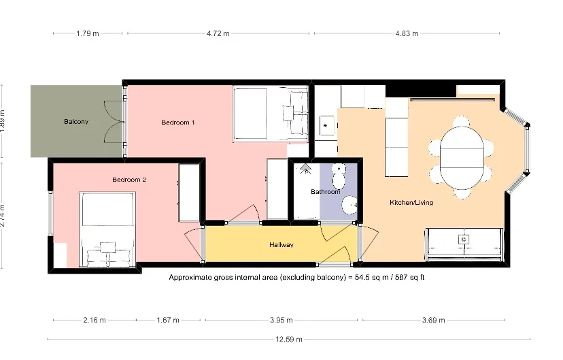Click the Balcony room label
(76, 121)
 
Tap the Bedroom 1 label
(177, 122)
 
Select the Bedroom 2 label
(129, 179)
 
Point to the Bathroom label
(325, 191)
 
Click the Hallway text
(281, 245)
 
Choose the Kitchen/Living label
(411, 203)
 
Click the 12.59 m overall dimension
(289, 339)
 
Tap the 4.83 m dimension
(407, 33)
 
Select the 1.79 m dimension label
(88, 33)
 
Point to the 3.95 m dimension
(281, 320)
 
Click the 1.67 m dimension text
(168, 320)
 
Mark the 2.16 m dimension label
(95, 320)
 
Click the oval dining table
(462, 158)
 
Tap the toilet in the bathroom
(338, 176)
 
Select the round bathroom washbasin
(349, 205)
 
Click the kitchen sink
(327, 125)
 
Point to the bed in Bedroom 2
(107, 229)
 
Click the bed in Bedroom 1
(271, 114)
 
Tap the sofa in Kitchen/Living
(464, 244)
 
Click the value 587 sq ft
(410, 278)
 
